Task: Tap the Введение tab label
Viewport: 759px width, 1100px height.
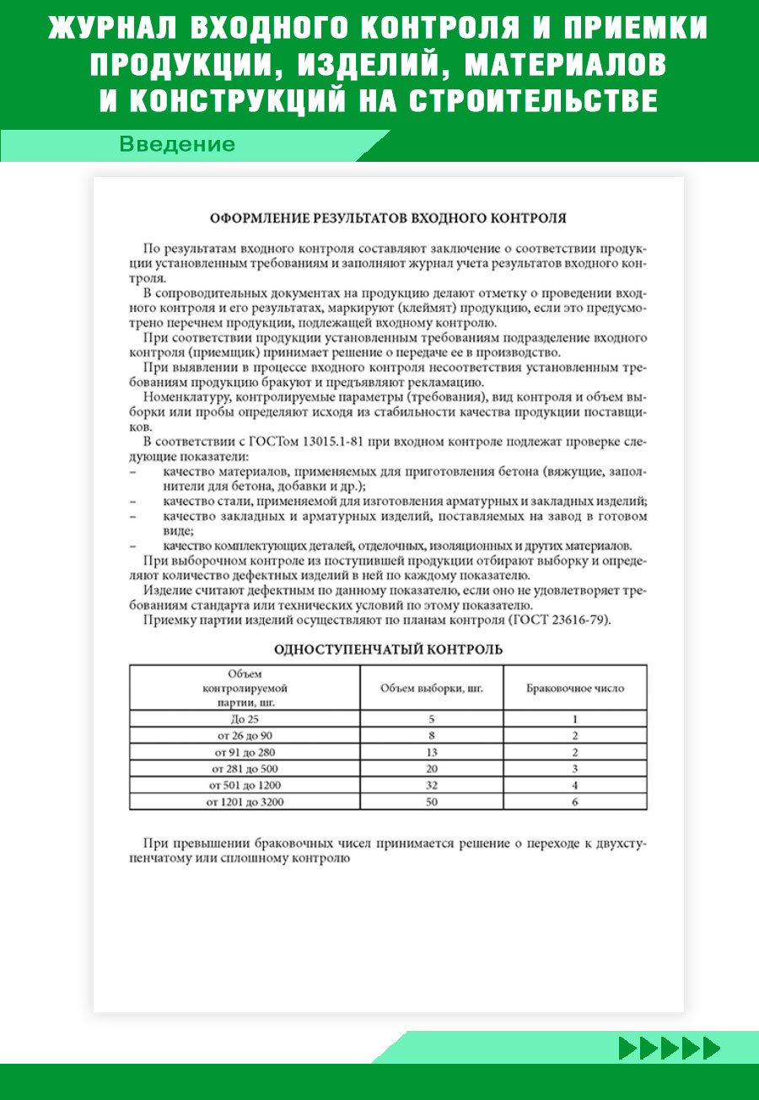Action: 177,144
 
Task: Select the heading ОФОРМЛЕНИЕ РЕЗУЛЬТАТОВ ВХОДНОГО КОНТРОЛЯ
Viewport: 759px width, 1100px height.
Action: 388,217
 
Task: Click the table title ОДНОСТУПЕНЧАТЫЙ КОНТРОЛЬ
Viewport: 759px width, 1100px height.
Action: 388,649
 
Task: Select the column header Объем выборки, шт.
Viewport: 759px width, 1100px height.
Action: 432,688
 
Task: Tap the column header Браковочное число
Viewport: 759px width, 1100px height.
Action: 575,688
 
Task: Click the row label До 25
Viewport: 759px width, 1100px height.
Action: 245,719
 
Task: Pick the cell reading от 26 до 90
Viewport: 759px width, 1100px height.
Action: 245,736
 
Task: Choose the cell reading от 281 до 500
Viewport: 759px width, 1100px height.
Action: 245,769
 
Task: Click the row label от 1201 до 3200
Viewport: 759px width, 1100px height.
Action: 245,802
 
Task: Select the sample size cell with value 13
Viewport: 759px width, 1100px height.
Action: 431,752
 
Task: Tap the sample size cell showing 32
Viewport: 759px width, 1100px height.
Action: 431,785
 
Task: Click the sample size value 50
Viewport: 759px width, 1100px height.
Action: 431,802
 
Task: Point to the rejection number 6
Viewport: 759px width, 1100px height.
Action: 574,802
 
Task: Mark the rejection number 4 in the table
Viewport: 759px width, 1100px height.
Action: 574,785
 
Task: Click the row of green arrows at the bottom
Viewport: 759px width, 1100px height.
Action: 670,1048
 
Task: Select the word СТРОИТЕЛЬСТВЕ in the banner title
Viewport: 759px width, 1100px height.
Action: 534,100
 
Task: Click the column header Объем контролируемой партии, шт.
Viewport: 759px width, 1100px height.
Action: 245,687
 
